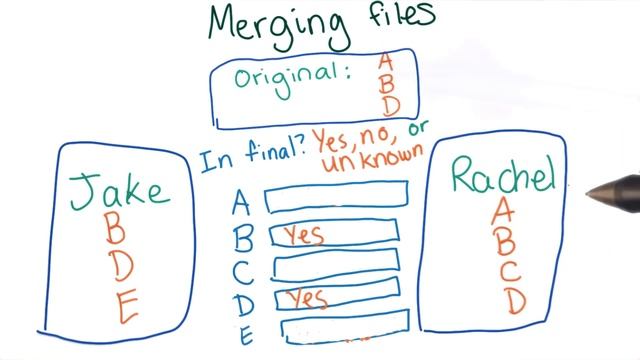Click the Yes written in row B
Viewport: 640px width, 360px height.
click(x=301, y=236)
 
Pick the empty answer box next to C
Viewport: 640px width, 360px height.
click(x=335, y=266)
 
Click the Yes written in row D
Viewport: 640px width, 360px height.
click(x=306, y=298)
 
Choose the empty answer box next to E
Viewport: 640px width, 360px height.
click(x=343, y=329)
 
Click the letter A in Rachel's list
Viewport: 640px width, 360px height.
click(x=504, y=211)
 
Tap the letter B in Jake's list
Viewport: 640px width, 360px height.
click(x=116, y=232)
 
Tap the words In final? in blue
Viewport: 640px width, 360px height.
click(x=249, y=158)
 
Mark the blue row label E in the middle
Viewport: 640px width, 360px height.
click(x=244, y=333)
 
